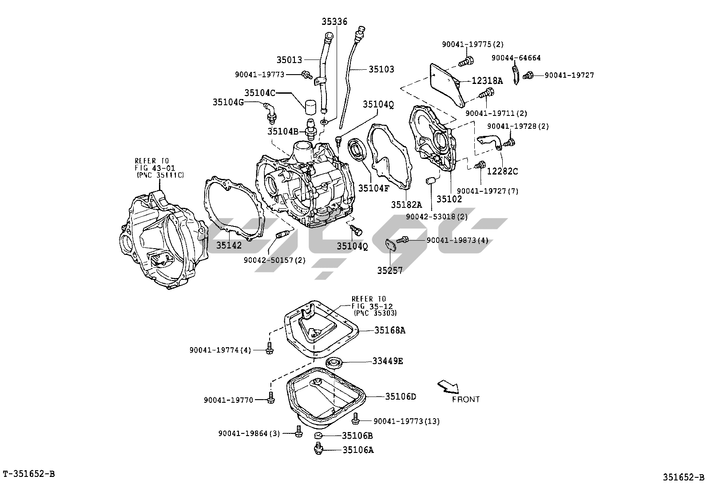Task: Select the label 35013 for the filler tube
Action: [x=289, y=60]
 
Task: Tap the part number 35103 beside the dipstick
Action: [x=381, y=69]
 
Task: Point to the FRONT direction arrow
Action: [x=448, y=386]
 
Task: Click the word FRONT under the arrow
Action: [x=466, y=400]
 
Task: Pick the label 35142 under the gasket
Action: [x=229, y=245]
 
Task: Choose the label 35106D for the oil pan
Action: [x=400, y=397]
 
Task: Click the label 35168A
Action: [x=389, y=330]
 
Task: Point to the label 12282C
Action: [x=503, y=171]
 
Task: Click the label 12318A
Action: [x=487, y=81]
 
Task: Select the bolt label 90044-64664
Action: [x=516, y=58]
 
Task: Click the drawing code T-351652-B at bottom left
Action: [x=29, y=474]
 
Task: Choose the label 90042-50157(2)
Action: [x=274, y=260]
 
